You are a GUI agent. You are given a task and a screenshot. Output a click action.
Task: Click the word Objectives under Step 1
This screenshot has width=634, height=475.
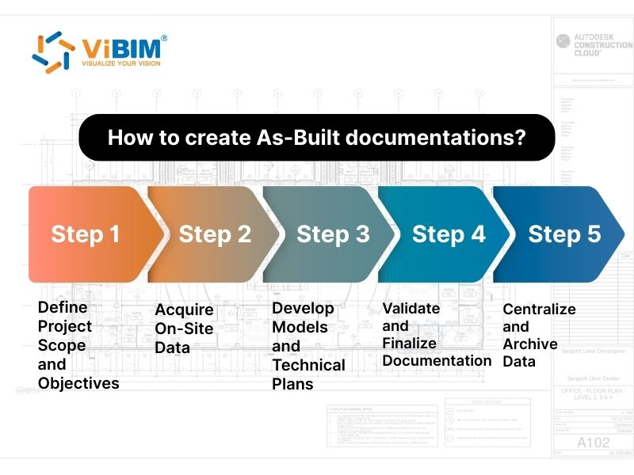pos(78,384)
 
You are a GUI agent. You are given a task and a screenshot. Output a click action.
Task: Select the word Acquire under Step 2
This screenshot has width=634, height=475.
pos(184,310)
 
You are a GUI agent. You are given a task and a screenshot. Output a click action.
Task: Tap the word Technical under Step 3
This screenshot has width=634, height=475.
pos(308,365)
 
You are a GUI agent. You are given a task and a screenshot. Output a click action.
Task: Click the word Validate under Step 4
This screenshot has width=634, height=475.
pos(412,308)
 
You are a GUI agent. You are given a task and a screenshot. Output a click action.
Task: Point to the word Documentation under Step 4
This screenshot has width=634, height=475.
pos(437,360)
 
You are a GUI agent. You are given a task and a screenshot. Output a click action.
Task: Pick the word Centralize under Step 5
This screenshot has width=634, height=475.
pos(539,309)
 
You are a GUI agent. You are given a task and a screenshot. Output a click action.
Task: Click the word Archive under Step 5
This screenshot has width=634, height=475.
pos(530,344)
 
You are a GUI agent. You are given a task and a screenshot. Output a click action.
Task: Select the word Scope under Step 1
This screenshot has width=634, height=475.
pos(62,345)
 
